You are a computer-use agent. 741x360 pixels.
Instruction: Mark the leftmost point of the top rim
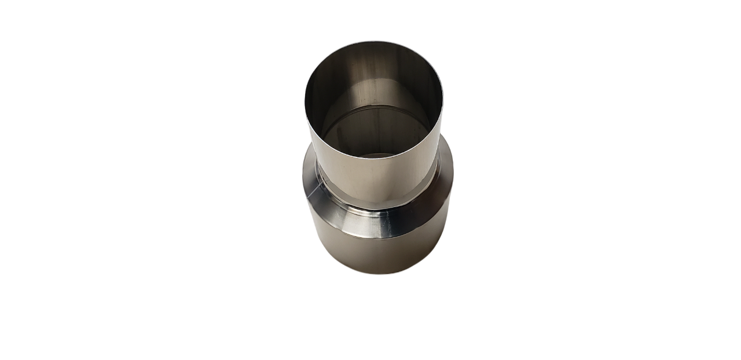(305, 95)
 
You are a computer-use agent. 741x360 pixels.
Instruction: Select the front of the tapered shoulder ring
(376, 223)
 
